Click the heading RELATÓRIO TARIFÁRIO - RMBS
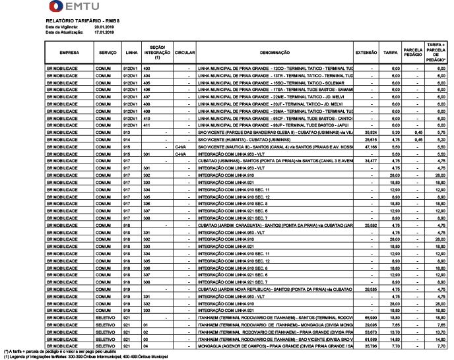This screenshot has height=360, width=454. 75,22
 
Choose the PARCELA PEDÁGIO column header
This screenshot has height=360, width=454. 413,52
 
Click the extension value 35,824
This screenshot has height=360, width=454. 370,133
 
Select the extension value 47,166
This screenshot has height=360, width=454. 370,146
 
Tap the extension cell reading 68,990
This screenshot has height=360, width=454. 370,318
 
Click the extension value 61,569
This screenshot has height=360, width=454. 370,338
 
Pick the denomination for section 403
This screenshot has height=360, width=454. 275,68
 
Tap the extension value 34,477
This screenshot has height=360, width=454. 370,160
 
